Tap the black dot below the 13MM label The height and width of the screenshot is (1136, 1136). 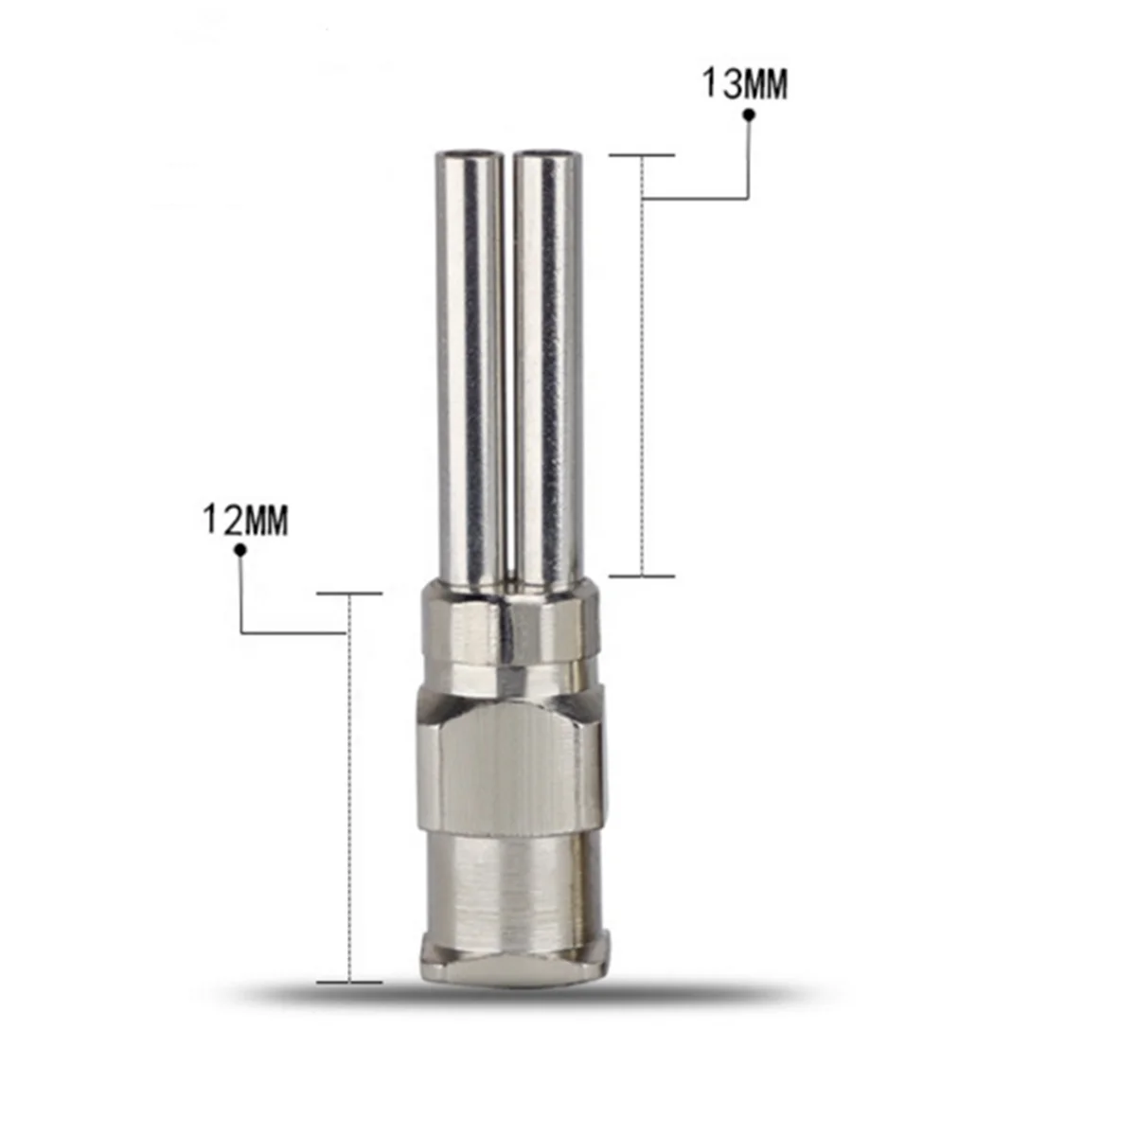point(748,115)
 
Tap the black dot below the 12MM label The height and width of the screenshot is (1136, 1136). point(240,550)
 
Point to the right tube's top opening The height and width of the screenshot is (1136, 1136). point(543,154)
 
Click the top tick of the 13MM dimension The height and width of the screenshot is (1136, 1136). point(642,154)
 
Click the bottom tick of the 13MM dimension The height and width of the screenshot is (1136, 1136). point(642,575)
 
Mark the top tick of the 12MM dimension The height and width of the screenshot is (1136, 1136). point(349,595)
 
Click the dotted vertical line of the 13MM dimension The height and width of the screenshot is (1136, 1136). point(643,379)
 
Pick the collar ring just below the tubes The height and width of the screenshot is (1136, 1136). point(507,630)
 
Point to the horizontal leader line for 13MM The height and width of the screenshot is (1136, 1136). point(696,198)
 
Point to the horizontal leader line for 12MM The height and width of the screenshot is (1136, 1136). point(293,632)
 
